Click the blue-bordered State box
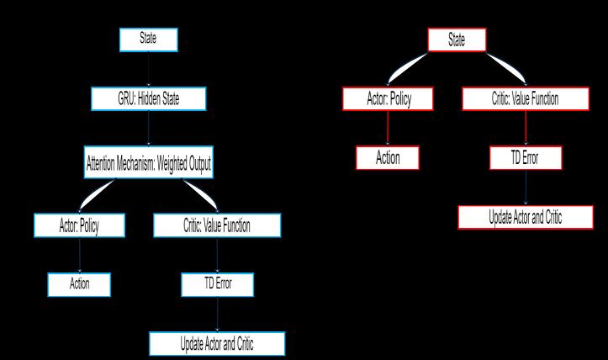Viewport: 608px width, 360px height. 147,40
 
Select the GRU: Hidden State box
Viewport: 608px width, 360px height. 147,98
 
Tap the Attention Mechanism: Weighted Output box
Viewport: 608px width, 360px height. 147,165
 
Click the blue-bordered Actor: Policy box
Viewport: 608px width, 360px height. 80,225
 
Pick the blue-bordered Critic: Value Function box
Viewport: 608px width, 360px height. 216,225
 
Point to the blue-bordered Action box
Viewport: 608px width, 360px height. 80,283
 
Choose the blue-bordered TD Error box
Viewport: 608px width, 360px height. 218,283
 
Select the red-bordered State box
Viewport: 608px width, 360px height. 457,40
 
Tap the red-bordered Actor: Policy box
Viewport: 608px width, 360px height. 388,98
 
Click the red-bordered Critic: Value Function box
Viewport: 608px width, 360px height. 524,98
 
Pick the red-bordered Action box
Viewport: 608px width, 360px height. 388,156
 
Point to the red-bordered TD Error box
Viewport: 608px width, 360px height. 526,156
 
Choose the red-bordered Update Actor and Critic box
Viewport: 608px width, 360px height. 526,217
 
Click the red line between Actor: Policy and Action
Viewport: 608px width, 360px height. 388,128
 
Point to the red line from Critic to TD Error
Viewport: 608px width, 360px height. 526,128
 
